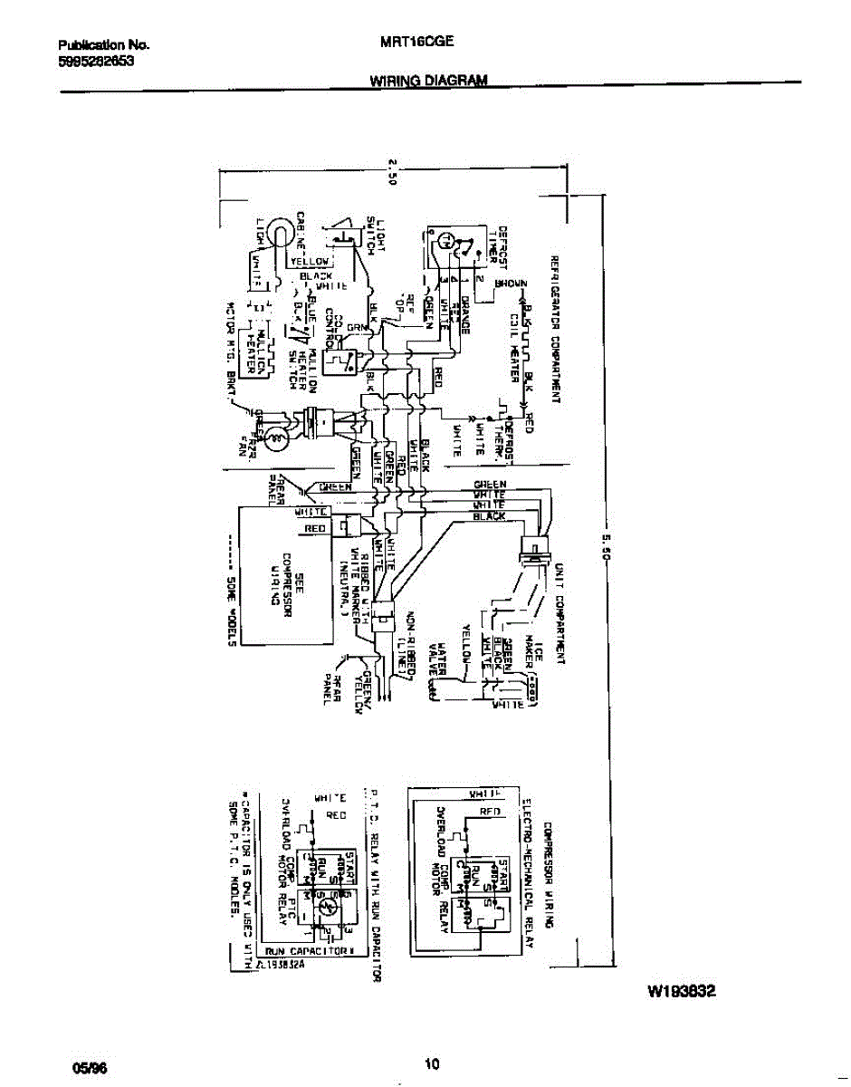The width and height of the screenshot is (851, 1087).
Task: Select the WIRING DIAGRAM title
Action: tap(428, 80)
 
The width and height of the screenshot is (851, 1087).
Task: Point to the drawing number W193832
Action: tap(682, 991)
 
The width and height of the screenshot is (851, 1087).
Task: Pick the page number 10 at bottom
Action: tap(432, 1065)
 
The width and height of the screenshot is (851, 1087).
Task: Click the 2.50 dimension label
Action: tap(393, 172)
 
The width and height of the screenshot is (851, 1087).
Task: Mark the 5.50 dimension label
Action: tap(604, 546)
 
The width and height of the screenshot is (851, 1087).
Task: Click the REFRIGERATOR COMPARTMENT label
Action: tap(552, 330)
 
